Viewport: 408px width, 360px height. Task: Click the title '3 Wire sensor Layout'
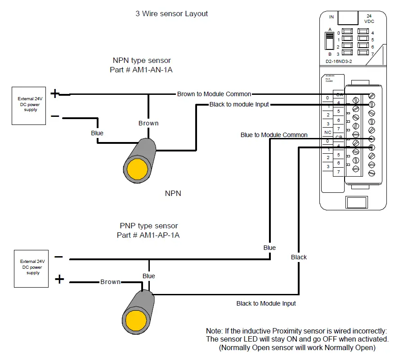[171, 13]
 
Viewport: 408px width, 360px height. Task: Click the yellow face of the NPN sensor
[138, 169]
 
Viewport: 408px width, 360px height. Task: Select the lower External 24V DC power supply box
[33, 269]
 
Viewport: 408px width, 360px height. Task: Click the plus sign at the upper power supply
[54, 93]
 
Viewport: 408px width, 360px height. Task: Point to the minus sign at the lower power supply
[58, 257]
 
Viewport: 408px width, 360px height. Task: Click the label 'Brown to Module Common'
[214, 94]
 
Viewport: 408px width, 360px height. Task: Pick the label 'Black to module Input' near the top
[239, 104]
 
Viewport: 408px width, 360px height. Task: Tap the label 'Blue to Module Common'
[274, 135]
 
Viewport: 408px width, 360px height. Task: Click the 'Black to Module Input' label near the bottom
[266, 303]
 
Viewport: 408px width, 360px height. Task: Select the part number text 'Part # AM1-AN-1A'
[141, 70]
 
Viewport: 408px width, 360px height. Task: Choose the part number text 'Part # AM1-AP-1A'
[148, 235]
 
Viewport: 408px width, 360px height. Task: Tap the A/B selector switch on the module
[330, 41]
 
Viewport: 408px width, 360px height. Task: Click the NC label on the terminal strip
[328, 133]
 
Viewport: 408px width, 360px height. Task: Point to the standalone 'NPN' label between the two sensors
[173, 193]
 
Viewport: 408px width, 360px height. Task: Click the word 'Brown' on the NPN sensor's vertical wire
[148, 123]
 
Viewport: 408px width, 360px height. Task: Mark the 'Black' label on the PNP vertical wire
[299, 257]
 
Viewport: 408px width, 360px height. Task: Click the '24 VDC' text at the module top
[368, 18]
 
